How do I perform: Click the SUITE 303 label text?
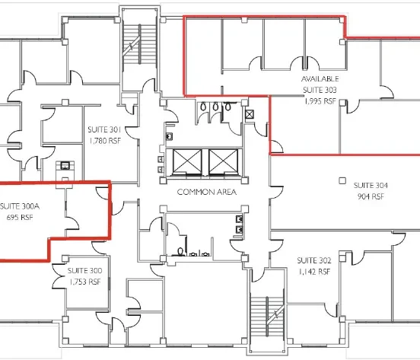point(320,89)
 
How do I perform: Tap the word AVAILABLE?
point(320,79)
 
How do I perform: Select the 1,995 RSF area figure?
point(320,99)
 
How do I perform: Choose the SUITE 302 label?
point(313,260)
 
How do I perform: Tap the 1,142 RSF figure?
point(313,271)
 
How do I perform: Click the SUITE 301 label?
point(103,129)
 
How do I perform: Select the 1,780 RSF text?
point(103,140)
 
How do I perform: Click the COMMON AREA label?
point(206,193)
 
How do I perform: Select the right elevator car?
point(223,161)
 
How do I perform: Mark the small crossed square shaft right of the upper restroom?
point(250,113)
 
